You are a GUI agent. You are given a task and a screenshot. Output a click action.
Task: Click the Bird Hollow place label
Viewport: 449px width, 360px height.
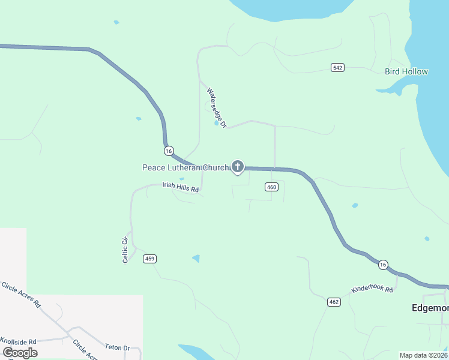coord(406,71)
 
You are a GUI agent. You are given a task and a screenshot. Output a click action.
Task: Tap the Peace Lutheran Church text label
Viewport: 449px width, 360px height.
coord(185,167)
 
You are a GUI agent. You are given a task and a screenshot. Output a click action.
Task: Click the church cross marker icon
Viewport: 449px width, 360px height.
coord(238,166)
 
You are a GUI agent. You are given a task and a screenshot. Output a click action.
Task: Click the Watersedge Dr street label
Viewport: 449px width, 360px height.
coord(216,108)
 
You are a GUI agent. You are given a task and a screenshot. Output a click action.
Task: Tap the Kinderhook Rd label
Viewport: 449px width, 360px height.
coord(372,289)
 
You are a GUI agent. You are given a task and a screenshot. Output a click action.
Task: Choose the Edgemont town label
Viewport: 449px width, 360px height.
coord(430,308)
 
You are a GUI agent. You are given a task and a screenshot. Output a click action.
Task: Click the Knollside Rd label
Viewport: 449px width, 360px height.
coord(18,341)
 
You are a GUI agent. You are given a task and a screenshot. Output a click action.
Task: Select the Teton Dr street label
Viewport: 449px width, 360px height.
coord(118,347)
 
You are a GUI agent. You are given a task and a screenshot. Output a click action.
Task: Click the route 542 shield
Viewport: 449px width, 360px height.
coord(337,67)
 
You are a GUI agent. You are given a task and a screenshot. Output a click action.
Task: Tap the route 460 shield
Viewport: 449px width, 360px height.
coord(271,187)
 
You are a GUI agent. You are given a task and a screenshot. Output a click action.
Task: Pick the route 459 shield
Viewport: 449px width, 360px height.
coord(150,259)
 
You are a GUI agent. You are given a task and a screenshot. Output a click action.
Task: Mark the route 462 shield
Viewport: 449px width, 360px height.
coord(334,301)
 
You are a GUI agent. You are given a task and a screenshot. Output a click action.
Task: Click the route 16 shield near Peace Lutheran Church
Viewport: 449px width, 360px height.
coord(169,150)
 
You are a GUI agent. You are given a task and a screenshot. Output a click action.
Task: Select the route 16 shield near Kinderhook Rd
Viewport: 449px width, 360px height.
coord(383,264)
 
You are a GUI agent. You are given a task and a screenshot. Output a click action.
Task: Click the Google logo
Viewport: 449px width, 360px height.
coord(20,352)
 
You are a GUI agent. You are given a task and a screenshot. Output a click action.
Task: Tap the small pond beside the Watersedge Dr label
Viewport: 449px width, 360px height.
coord(216,123)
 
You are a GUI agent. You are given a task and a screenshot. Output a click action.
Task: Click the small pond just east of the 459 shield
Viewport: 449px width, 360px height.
coord(196,259)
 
